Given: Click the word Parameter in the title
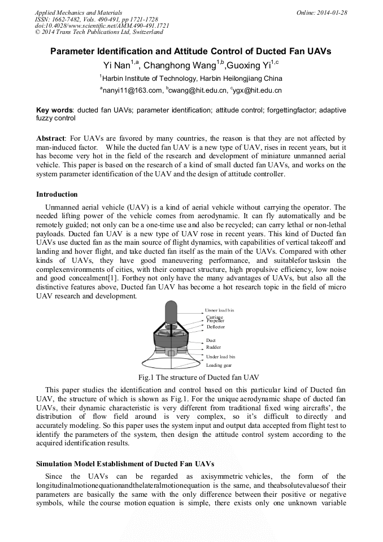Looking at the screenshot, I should pos(74,51).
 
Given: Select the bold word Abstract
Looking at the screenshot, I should pos(51,138).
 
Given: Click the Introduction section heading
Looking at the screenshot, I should pos(57,194).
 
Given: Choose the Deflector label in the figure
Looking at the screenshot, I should pos(216,327).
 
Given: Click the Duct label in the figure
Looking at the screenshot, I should pos(211,340).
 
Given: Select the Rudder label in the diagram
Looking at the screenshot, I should pos(214,347).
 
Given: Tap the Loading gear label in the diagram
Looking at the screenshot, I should pos(219,365).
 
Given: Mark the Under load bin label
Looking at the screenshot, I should pos(221,357).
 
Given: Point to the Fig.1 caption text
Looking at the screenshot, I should pos(191,377).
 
